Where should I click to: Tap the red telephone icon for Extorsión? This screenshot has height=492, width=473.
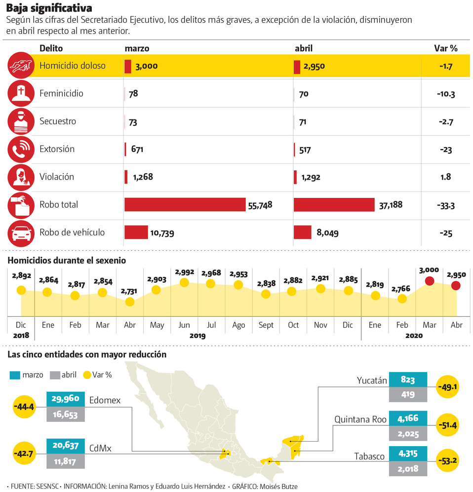pyautogui.click(x=21, y=149)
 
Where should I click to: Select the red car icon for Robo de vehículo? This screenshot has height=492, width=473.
pyautogui.click(x=21, y=232)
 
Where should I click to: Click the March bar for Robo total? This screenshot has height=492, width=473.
pyautogui.click(x=185, y=204)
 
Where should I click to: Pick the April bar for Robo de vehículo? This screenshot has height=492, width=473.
pyautogui.click(x=302, y=232)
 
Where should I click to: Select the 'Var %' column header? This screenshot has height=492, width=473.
pyautogui.click(x=445, y=48)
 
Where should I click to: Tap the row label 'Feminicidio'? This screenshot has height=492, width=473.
pyautogui.click(x=61, y=93)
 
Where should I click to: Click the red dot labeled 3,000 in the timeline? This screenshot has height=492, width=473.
pyautogui.click(x=430, y=281)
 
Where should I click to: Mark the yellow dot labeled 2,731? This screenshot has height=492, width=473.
pyautogui.click(x=130, y=302)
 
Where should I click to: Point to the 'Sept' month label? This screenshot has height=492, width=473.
pyautogui.click(x=266, y=325)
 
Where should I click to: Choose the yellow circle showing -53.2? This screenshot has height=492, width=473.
pyautogui.click(x=449, y=460)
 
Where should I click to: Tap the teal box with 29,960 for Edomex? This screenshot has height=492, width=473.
pyautogui.click(x=65, y=399)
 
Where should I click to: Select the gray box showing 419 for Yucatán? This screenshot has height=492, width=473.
pyautogui.click(x=408, y=395)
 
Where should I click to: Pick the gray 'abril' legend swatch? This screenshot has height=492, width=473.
pyautogui.click(x=55, y=375)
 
